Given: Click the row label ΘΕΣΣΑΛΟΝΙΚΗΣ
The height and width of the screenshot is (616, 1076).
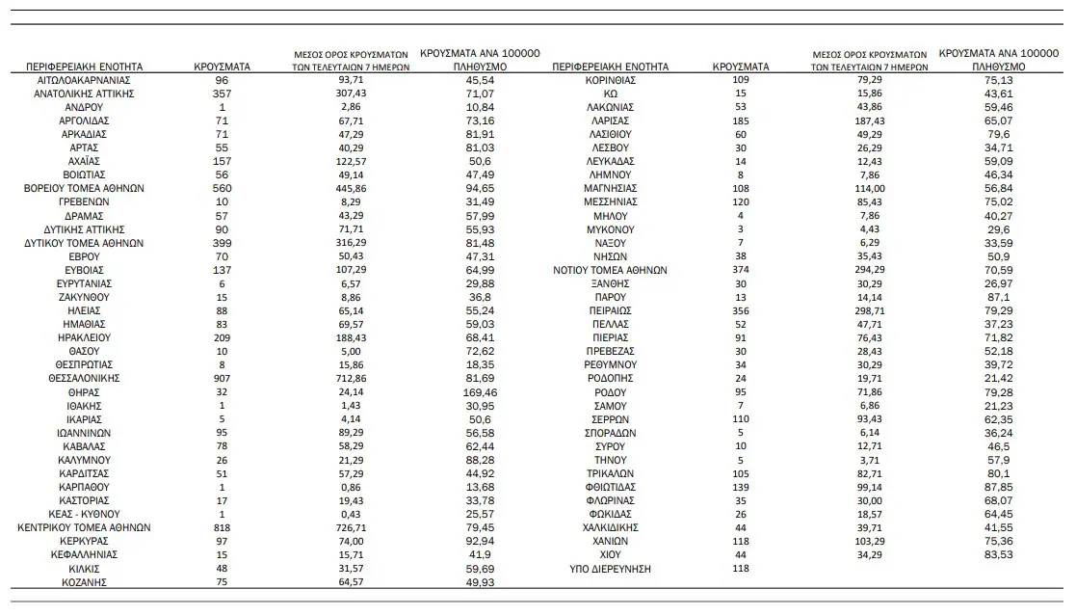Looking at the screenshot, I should click(x=83, y=379).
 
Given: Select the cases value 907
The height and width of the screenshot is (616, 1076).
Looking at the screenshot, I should click(x=223, y=379).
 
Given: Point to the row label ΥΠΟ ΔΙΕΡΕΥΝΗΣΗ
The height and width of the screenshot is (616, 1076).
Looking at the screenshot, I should click(x=610, y=569).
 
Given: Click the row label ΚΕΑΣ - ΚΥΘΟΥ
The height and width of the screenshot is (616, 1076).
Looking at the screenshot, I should click(x=83, y=515).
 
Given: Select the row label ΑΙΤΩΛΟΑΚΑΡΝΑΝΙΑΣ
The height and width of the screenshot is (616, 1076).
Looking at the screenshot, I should click(x=83, y=80).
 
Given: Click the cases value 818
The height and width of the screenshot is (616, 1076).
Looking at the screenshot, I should click(x=223, y=528).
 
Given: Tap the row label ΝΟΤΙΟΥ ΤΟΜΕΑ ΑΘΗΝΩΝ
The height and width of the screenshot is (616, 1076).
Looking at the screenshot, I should click(x=610, y=270).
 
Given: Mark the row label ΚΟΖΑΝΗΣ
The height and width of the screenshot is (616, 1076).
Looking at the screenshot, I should click(x=83, y=582).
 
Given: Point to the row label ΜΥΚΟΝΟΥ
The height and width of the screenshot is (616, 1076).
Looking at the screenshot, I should click(x=610, y=229).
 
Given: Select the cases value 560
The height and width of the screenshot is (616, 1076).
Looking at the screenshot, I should click(x=223, y=189).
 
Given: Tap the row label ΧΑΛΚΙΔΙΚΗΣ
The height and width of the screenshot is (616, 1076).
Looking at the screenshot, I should click(x=610, y=528).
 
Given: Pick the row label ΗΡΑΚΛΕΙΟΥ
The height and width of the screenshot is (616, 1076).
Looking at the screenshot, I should click(x=83, y=338).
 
